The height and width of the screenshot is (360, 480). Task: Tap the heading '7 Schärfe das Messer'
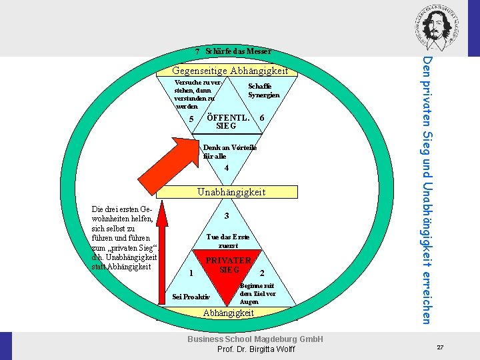tap(233, 51)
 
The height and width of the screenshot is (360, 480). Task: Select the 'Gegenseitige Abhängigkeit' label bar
tap(230, 71)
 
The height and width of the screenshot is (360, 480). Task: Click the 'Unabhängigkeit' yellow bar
tap(230, 192)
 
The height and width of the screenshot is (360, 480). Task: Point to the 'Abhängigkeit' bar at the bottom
tap(229, 313)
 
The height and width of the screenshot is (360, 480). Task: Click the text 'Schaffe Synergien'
tap(264, 91)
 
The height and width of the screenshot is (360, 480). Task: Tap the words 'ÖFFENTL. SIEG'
tap(228, 121)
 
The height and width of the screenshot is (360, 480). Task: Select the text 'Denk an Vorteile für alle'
tap(230, 151)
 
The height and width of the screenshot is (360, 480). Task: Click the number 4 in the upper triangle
tap(227, 168)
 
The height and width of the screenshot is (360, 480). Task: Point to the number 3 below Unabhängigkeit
tap(227, 216)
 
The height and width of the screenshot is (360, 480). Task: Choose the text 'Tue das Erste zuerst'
tap(228, 241)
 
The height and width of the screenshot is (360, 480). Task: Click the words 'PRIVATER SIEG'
tap(229, 265)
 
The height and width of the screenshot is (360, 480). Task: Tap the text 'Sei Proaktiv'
tap(191, 297)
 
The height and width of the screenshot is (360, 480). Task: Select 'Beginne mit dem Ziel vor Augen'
tap(257, 293)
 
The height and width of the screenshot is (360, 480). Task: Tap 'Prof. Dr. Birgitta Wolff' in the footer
tap(255, 350)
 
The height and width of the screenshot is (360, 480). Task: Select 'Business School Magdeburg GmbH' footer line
tap(255, 339)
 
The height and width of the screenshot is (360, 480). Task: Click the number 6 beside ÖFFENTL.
tap(262, 118)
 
